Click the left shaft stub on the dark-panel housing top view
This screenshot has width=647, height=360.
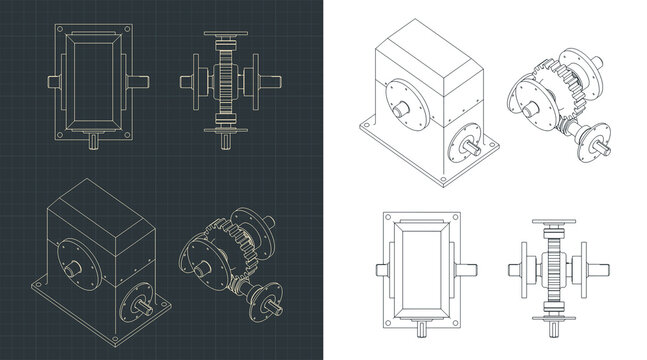52,78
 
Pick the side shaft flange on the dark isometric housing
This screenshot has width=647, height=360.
136,298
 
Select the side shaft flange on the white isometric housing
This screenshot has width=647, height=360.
465,144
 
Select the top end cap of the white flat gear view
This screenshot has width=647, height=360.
557,223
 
